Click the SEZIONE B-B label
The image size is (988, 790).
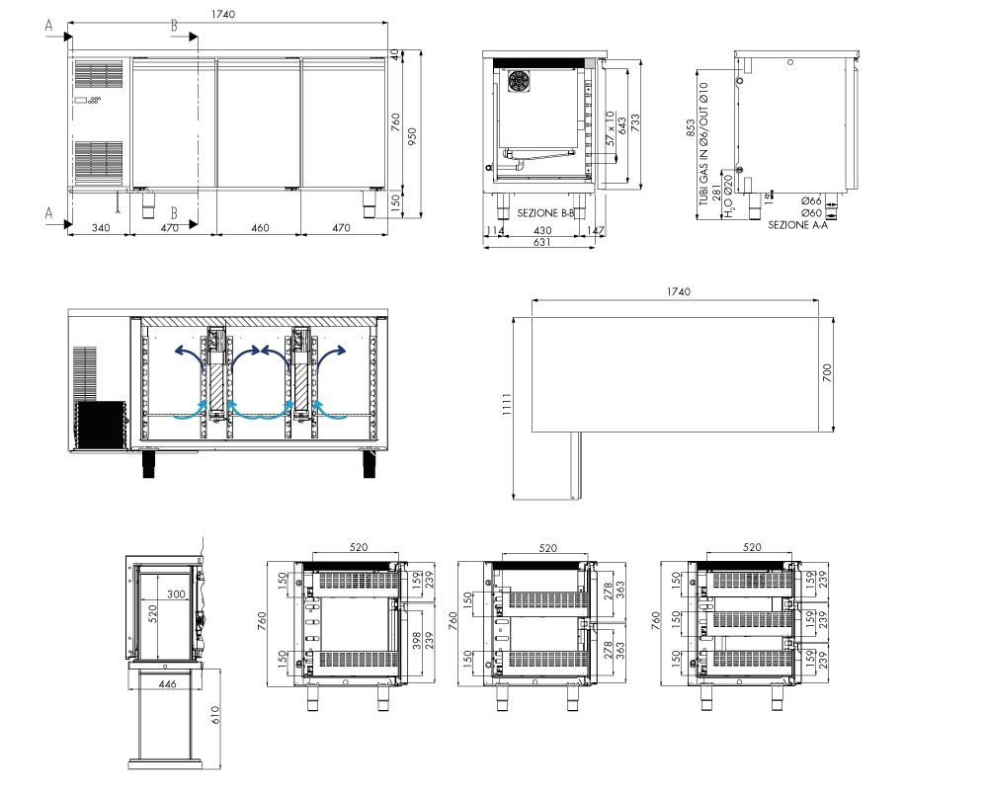click(545, 213)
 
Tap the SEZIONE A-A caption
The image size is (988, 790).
click(797, 225)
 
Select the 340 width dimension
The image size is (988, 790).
click(101, 228)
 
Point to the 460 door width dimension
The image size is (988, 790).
click(260, 228)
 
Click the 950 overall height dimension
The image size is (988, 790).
click(412, 136)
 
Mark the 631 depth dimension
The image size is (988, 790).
click(541, 242)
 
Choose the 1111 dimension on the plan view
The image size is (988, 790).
click(507, 405)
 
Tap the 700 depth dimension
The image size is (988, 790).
click(827, 372)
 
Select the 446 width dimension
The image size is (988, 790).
click(167, 684)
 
